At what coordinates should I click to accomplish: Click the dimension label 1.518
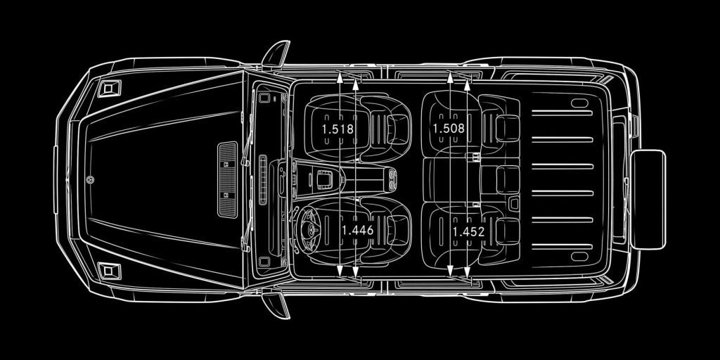coord(338,129)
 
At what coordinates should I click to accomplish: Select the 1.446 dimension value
coord(358,231)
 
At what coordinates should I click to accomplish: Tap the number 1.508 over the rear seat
coord(449,128)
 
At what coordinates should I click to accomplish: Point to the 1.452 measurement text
coord(468,232)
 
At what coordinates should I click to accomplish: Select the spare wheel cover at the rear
coord(648,200)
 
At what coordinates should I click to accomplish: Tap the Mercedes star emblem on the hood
coord(90,179)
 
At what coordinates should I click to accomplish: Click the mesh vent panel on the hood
coord(227,179)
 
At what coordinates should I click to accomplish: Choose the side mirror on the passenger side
coord(276,54)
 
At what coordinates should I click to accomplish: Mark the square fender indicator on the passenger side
coord(109,88)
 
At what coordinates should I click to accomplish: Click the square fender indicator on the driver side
coord(109,271)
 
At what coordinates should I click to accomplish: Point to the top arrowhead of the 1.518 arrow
coord(340,77)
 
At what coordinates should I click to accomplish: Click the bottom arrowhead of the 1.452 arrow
coord(467,273)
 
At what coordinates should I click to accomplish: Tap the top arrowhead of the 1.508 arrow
coord(450,77)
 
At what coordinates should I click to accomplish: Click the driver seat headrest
coord(397,230)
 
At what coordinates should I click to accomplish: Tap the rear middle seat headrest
coord(508,179)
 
